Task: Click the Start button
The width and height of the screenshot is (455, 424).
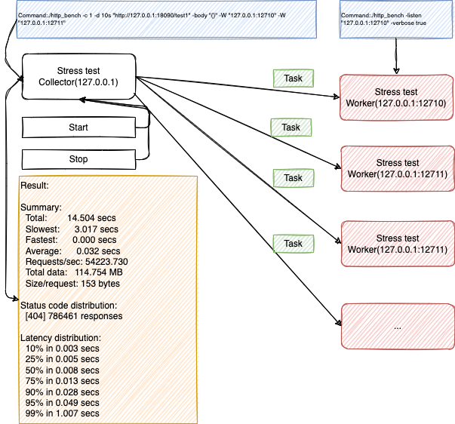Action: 78,128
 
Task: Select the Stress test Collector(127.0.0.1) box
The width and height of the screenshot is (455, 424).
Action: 78,76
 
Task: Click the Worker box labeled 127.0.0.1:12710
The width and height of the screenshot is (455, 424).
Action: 396,97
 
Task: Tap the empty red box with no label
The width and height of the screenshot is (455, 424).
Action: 396,326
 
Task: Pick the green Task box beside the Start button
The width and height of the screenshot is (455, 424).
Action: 291,128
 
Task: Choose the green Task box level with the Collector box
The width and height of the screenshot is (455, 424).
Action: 294,78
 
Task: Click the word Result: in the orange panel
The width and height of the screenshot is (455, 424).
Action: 34,186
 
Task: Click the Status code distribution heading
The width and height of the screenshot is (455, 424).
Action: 69,305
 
